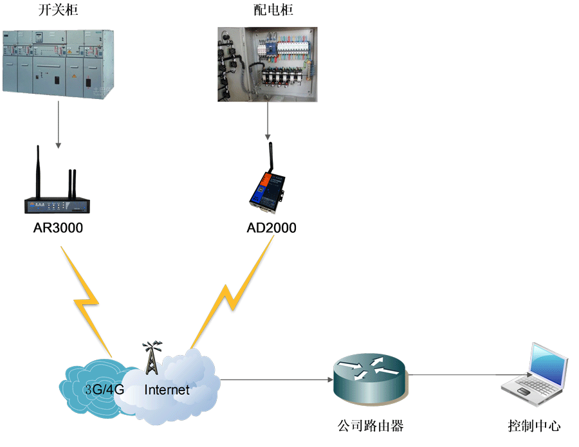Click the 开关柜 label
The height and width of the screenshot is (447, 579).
pos(58,11)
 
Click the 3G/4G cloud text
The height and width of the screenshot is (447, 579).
pos(104,389)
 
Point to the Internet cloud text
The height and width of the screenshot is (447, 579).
pos(167,389)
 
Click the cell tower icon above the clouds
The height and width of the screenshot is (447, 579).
pos(151,358)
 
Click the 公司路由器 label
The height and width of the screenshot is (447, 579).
pos(371,425)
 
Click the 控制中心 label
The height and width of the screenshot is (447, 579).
pos(534,425)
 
